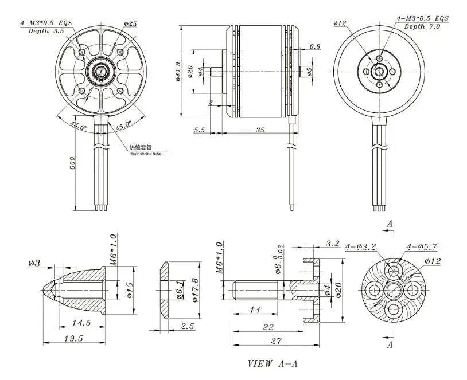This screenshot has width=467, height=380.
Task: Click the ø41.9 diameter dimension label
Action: pos(178,72)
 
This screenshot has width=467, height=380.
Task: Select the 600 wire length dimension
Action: pos(73,164)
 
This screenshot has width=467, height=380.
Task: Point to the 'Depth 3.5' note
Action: pos(46,31)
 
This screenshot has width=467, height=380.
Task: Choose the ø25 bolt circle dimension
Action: pos(130,24)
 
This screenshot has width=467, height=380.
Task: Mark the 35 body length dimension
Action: pos(259,130)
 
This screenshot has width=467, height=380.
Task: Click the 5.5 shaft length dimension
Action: pos(199,130)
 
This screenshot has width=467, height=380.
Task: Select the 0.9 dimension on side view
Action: pos(315,46)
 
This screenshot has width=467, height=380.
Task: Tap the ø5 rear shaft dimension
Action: pos(310,72)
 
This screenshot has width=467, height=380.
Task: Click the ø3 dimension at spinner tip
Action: pos(34,264)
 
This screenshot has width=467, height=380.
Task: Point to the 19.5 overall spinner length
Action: pos(73,338)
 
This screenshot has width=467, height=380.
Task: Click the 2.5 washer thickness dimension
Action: pos(186,326)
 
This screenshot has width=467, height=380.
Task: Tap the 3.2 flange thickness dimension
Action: pos(333,244)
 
